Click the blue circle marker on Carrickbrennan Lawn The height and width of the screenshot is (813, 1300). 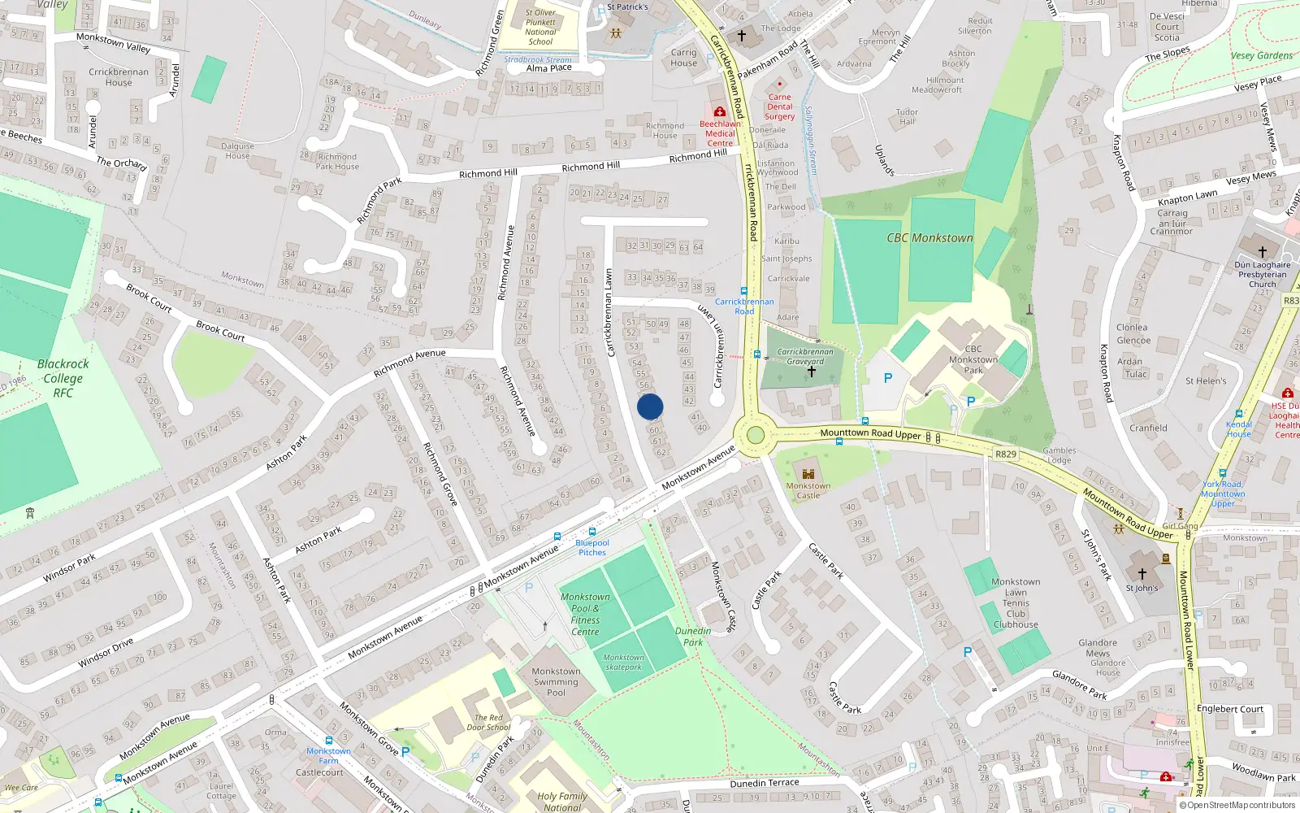[x=650, y=406]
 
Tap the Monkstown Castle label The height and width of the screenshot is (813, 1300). [x=808, y=490]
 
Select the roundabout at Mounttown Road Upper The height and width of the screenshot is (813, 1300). [x=755, y=435]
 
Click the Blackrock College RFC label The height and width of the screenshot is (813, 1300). [x=63, y=378]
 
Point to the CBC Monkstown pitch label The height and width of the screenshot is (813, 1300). [x=929, y=238]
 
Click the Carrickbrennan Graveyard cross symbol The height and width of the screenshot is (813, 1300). [x=811, y=372]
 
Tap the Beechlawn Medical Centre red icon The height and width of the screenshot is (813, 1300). [x=719, y=112]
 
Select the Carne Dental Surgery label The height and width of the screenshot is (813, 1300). [x=779, y=107]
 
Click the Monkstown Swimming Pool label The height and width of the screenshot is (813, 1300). [x=556, y=682]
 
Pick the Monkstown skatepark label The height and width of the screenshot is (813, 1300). [x=623, y=662]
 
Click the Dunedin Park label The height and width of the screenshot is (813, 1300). [x=693, y=637]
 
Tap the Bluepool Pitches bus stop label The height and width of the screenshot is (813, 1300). [x=592, y=547]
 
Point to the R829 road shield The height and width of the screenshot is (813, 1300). [x=1006, y=454]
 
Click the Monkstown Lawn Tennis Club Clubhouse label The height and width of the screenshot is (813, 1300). [x=1016, y=603]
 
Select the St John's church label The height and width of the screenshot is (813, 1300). [x=1142, y=588]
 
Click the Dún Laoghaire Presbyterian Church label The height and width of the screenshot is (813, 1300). [x=1263, y=274]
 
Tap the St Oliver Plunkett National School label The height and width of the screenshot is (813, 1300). [x=540, y=27]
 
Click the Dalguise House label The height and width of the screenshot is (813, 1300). [x=237, y=151]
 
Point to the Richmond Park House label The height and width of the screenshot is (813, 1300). [x=338, y=162]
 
